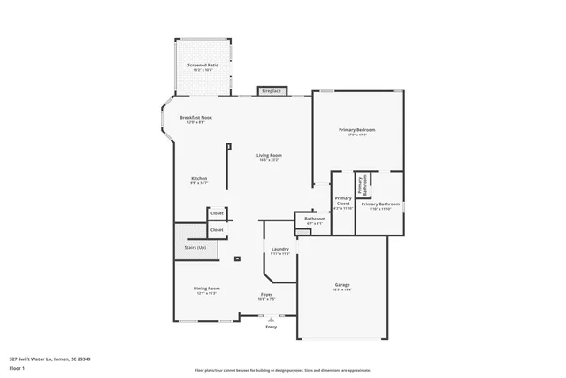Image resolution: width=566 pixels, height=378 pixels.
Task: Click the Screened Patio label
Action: coord(203,65)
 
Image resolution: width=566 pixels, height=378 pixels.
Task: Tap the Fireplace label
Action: coord(272,90)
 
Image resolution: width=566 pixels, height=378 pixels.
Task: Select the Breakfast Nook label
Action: coord(195,117)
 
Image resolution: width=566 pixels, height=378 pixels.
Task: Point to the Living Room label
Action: coord(269,156)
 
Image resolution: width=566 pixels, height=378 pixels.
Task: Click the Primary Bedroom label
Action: coord(357,130)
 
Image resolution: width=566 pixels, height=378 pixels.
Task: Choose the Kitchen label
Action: coord(199,179)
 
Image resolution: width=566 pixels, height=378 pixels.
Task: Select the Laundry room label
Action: coord(280,250)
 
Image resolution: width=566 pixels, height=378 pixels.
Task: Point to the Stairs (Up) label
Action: coord(195,247)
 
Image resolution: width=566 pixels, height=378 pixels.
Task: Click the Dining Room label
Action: coord(207,289)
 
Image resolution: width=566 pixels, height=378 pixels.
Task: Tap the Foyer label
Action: coord(266,294)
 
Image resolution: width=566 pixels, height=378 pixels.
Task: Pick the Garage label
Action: coord(341,285)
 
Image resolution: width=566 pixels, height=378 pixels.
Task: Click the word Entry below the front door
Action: coord(271,327)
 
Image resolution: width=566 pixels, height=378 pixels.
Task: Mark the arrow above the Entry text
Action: coord(271,319)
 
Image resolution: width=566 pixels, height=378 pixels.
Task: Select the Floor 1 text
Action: coord(18,366)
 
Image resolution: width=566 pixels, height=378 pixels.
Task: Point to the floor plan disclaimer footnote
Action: coord(282,370)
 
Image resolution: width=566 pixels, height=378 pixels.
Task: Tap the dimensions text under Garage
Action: coord(341,290)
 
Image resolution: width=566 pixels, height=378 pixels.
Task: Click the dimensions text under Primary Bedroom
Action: coord(357,135)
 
